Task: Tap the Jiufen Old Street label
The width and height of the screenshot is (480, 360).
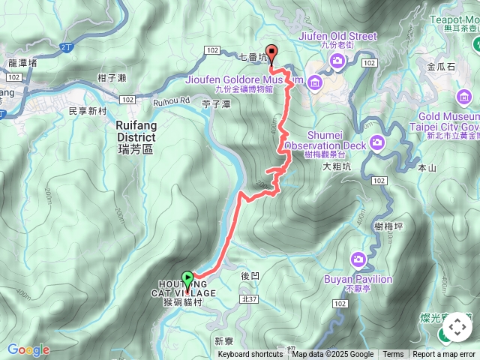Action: (326, 35)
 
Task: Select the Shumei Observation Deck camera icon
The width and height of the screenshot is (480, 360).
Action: (376, 142)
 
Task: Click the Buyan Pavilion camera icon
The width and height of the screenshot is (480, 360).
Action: (358, 259)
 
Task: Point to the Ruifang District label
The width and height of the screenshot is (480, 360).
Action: (136, 132)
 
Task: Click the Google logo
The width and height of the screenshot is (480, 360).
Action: (28, 349)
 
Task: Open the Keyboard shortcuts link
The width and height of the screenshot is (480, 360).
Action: (250, 355)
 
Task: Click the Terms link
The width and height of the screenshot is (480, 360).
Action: (393, 355)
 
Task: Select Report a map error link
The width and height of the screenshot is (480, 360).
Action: (444, 355)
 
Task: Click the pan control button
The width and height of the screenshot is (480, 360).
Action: (457, 328)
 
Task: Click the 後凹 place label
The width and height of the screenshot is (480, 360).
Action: (250, 276)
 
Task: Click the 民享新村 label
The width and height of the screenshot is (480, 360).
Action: (88, 111)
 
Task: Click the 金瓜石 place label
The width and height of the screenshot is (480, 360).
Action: (440, 67)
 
